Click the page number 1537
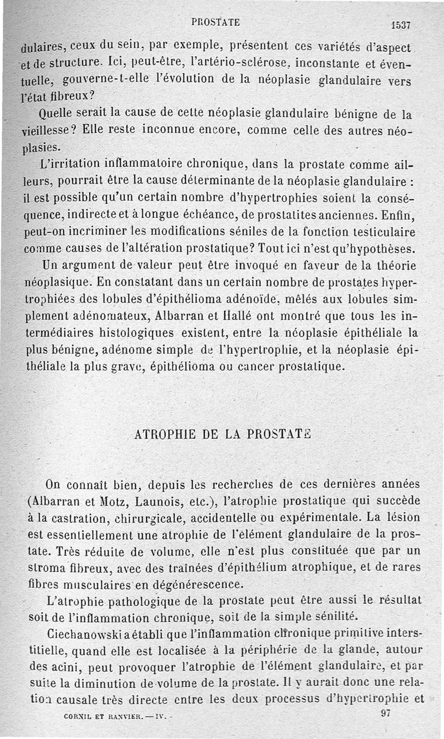(400, 25)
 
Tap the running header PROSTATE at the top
(215, 23)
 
